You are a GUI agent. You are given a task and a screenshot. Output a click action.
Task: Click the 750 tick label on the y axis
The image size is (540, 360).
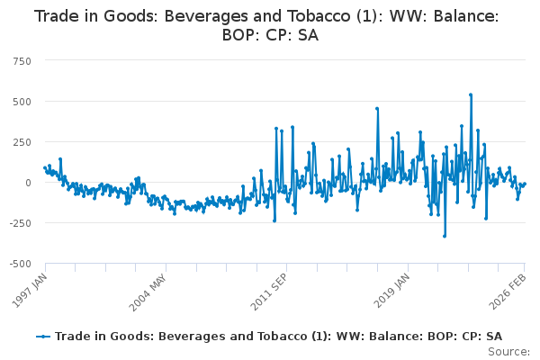click(21, 60)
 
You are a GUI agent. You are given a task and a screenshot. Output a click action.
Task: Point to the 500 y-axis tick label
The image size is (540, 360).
click(21, 101)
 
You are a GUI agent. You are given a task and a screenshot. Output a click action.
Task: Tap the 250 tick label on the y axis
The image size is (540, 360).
click(21, 142)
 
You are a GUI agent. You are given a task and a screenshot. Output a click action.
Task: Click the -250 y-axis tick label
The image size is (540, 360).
click(19, 223)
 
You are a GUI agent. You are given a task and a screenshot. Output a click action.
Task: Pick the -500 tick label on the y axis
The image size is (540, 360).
click(19, 264)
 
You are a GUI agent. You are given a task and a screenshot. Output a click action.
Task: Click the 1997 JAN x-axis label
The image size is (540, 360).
click(27, 288)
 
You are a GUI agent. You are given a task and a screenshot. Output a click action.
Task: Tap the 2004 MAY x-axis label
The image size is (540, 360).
click(148, 288)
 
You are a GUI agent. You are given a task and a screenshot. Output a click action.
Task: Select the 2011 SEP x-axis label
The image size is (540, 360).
click(268, 288)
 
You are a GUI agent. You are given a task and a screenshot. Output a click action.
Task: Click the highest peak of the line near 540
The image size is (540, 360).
click(470, 94)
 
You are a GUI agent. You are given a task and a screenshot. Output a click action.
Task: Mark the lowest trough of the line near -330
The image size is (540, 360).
click(444, 236)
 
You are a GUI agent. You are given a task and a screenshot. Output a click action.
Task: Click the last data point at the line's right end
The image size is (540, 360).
click(525, 184)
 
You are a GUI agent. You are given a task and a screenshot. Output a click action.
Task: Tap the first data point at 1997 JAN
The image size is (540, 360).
click(45, 167)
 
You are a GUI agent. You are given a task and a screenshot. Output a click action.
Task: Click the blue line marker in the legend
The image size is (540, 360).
click(43, 336)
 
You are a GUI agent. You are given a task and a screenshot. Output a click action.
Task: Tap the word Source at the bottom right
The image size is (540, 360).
click(508, 351)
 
